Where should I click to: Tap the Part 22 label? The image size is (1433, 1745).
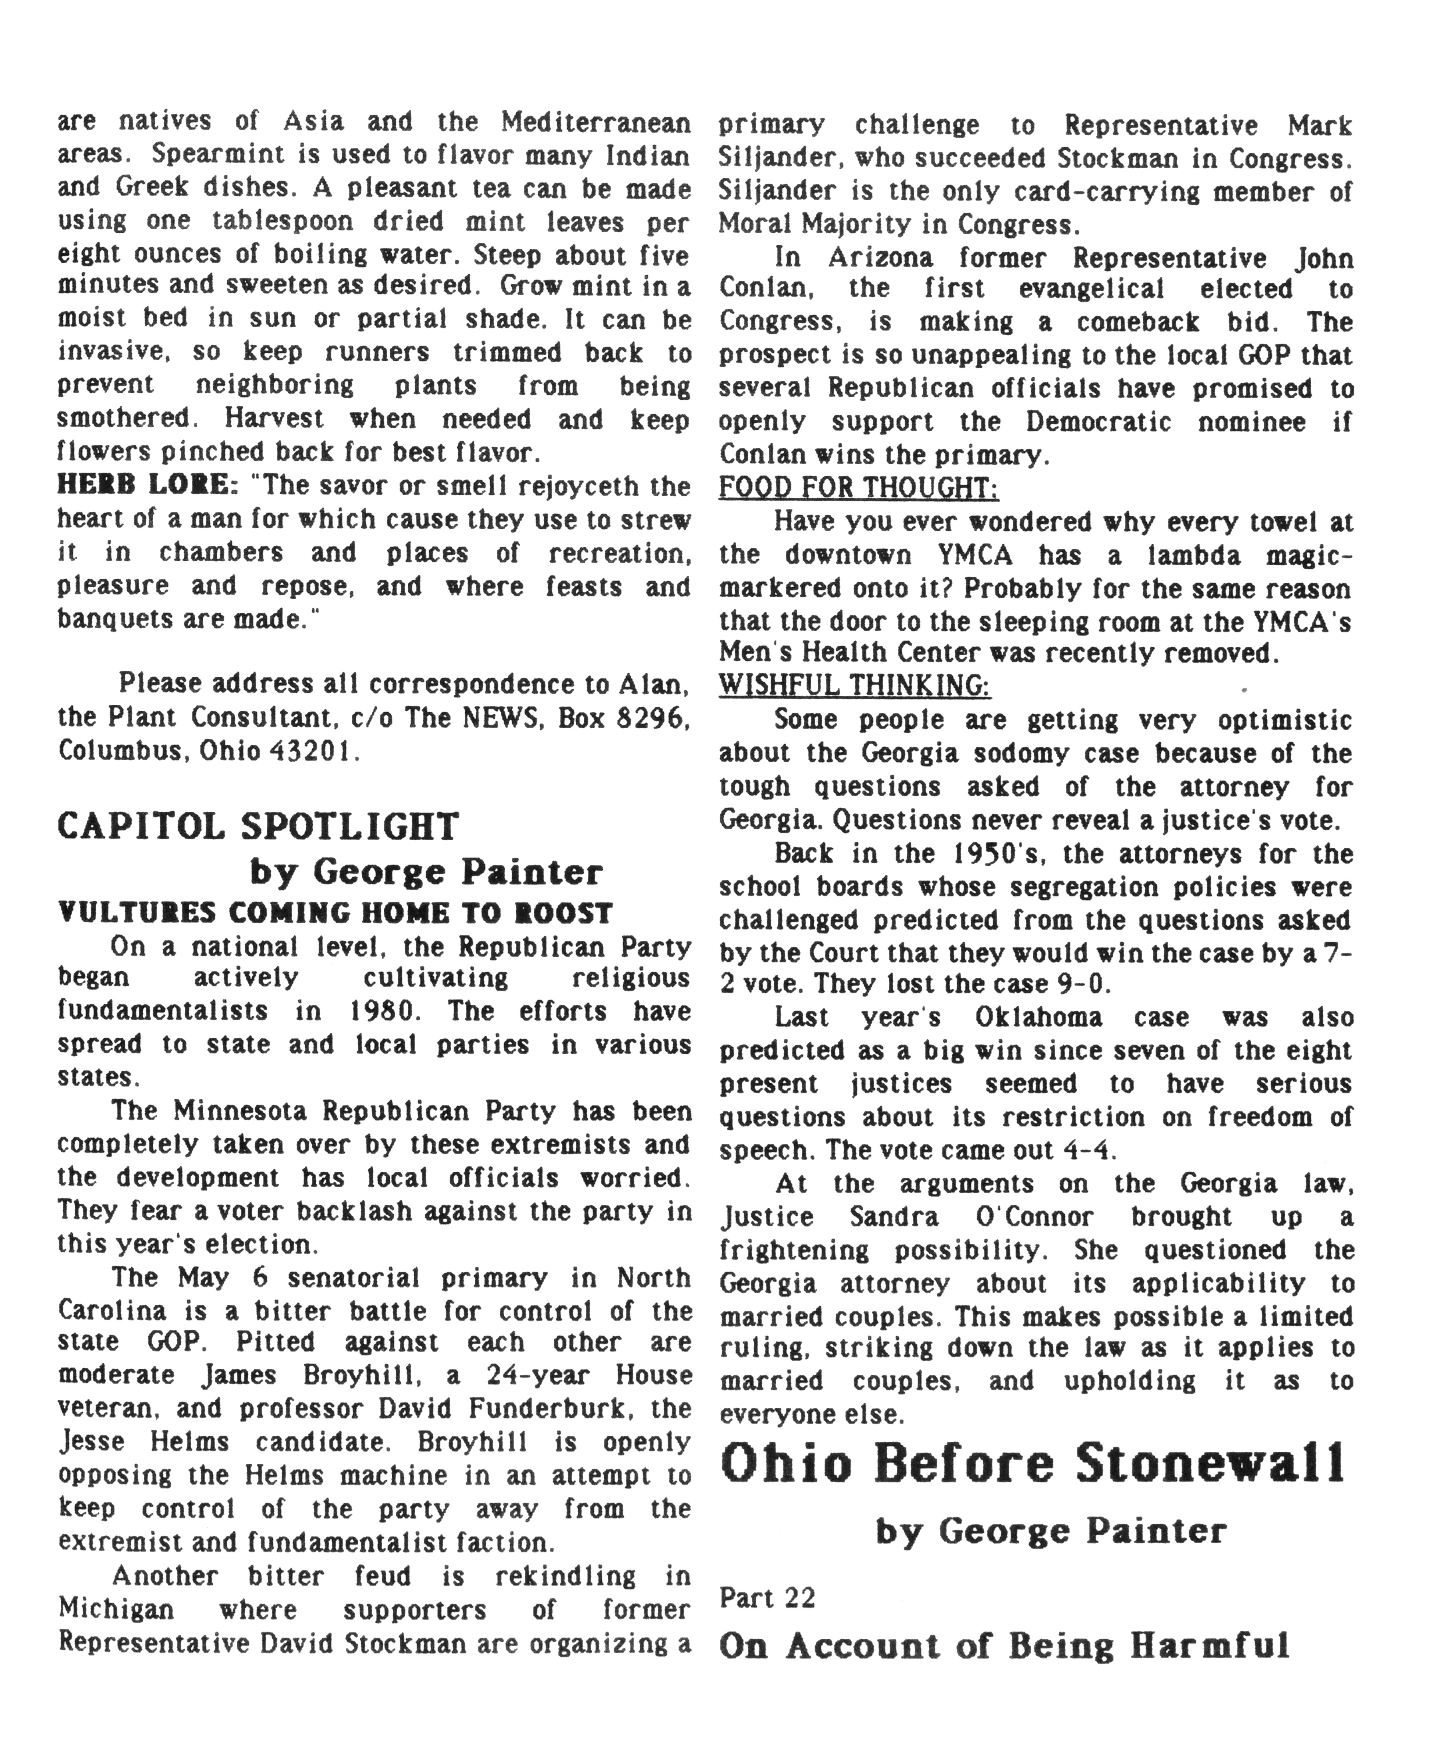[767, 1598]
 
